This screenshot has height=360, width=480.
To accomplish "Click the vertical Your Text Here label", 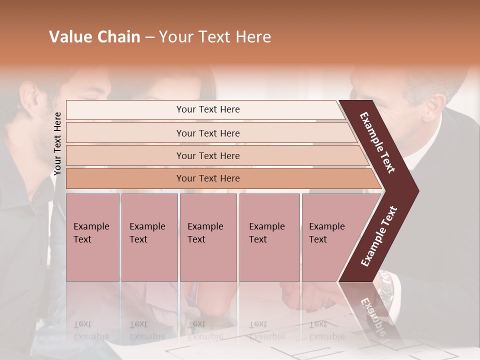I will coord(57,143).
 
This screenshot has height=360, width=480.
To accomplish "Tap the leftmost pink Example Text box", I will coord(92,237).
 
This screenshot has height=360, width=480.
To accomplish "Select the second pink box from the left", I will coord(149,237).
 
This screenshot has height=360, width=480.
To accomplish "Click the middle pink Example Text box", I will coord(208,237).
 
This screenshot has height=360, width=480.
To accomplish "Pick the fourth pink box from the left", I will coord(269,237).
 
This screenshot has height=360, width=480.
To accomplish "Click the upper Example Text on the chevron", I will coord(377,142).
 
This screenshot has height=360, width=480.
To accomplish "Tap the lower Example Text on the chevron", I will coord(379,236).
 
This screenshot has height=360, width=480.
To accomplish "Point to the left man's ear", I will coord(28,100).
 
